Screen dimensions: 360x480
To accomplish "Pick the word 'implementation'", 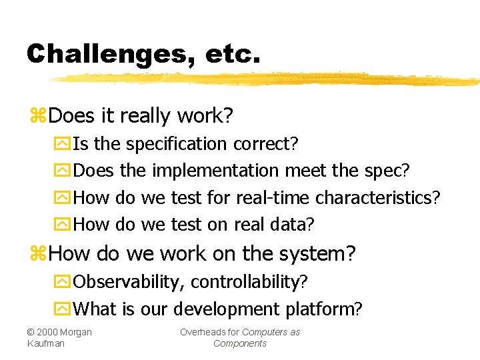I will pos(215,171).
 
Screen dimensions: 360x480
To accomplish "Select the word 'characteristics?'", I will pos(378,198).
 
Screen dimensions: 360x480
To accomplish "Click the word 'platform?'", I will pos(324,309).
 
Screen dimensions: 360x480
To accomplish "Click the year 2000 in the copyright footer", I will pos(47,332).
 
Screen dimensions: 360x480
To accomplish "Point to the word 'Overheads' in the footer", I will pos(201,332).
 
